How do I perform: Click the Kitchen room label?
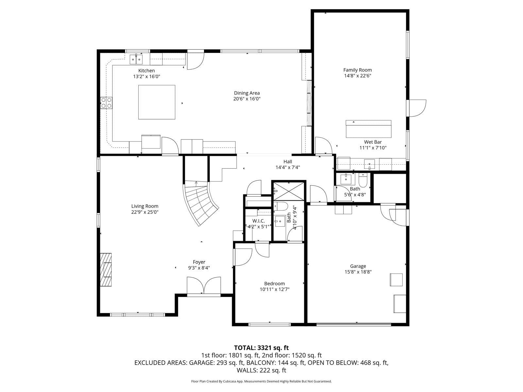(x=146, y=71)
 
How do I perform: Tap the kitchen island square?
(x=157, y=102)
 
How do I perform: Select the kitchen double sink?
(x=136, y=59)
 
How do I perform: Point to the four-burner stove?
(x=106, y=103)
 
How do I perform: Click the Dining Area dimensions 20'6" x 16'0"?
(x=247, y=99)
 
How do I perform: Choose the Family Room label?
(x=357, y=70)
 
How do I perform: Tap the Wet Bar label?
(x=373, y=142)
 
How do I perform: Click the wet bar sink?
(x=369, y=164)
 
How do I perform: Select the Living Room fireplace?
(x=106, y=270)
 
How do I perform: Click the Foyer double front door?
(x=204, y=286)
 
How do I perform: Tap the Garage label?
(x=358, y=266)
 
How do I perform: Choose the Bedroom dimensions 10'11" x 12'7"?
(x=275, y=289)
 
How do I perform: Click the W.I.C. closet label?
(x=259, y=221)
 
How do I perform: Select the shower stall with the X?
(x=289, y=191)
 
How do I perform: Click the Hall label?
(x=288, y=162)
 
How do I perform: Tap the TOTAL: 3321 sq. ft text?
(x=261, y=348)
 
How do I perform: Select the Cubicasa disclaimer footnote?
(x=261, y=381)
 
